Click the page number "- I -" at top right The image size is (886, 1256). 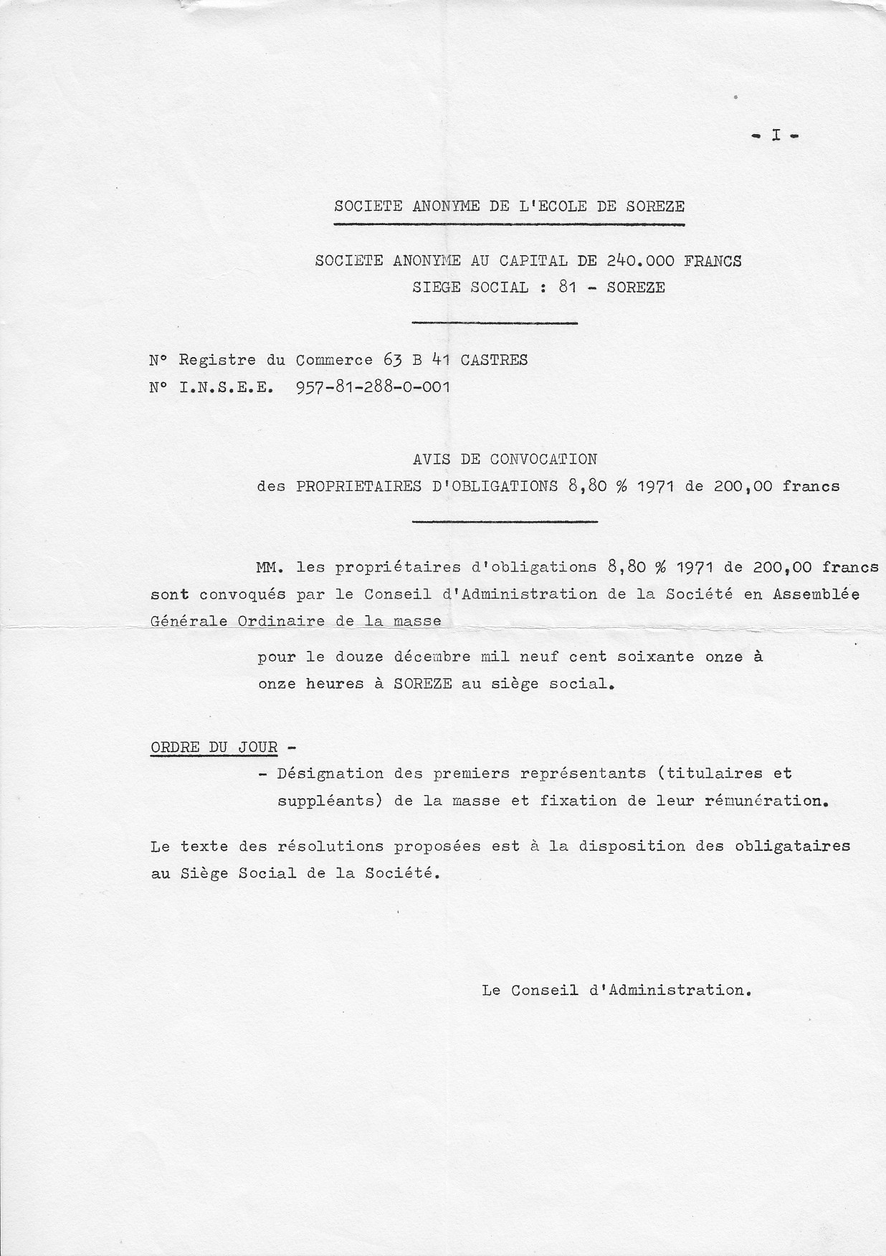tap(775, 135)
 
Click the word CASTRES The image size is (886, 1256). tap(494, 360)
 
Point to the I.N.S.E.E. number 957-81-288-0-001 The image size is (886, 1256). tap(373, 388)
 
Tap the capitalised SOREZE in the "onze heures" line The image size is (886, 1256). tap(423, 684)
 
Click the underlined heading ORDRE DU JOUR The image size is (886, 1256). tap(214, 747)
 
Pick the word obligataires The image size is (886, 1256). tap(792, 846)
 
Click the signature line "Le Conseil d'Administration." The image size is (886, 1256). tap(616, 990)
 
